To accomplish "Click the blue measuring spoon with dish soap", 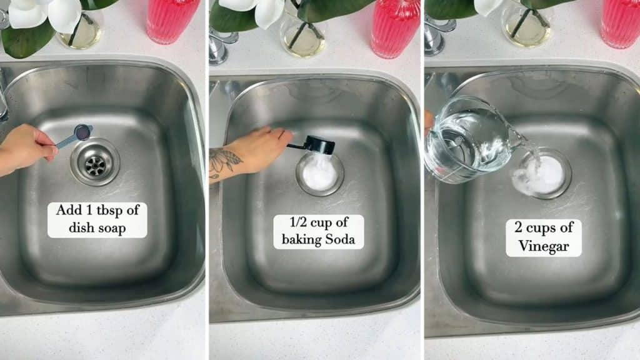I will coord(76,135).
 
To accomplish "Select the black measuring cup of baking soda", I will coord(317,146).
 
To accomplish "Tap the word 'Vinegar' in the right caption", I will coord(543,246).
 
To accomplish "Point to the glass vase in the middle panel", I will coord(302,34).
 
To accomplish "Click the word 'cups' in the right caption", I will coord(552,228).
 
